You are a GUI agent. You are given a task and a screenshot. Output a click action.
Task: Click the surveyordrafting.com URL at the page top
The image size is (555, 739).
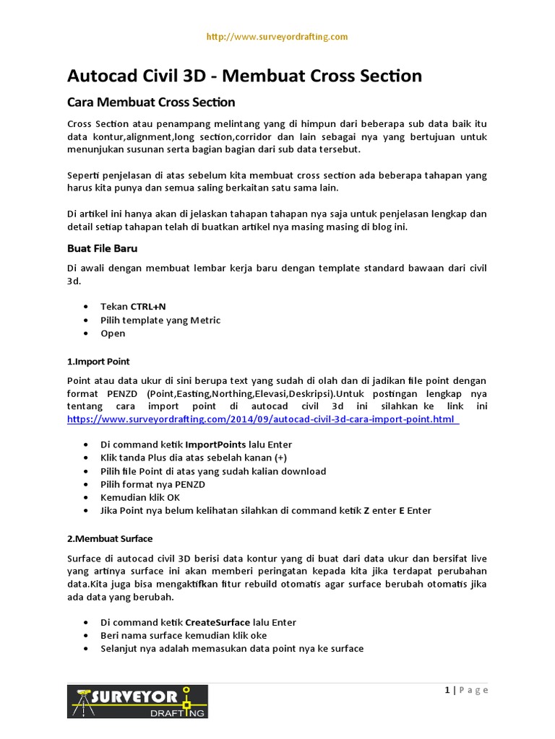pos(277,37)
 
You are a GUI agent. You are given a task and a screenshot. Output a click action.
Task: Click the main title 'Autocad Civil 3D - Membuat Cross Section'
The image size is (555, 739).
pos(244,76)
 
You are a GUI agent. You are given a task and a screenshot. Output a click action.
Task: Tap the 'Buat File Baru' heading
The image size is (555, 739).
pos(102,248)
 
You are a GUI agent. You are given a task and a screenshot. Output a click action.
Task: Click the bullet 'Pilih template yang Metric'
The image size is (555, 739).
pos(160,320)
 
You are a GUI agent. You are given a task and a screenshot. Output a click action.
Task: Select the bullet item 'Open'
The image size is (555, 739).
pos(113,333)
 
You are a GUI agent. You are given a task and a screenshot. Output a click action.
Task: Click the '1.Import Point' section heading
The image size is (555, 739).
pos(98,361)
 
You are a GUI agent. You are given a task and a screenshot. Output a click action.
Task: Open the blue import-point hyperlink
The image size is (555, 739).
pos(262,419)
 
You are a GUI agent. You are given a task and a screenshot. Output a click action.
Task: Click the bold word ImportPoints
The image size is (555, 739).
pos(215,445)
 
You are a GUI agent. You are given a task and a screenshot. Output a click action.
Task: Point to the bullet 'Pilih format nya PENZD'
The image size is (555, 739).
pos(154,484)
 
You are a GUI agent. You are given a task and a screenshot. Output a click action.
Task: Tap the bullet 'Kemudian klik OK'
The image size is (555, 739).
pos(140,497)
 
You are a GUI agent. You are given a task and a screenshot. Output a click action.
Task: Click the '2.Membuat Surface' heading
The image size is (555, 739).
pos(110,538)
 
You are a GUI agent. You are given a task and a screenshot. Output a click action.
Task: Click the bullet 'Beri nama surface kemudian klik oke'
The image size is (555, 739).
pos(184,635)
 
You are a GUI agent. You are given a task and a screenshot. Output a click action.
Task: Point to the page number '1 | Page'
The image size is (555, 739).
pos(466,690)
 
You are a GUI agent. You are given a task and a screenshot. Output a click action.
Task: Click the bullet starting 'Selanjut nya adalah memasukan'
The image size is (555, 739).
pos(232,648)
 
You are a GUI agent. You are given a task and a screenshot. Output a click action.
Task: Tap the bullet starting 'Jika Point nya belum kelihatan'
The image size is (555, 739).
pos(265,510)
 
